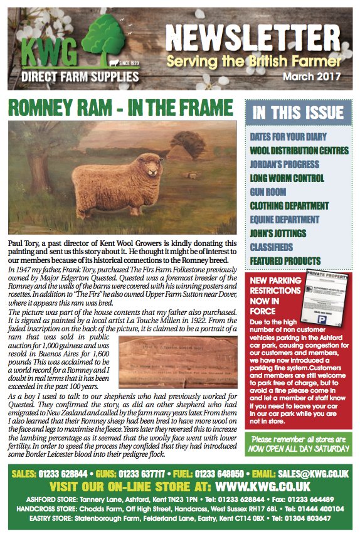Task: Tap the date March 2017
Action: [x=312, y=77]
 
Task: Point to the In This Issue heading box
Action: [x=298, y=114]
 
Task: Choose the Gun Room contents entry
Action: [x=268, y=192]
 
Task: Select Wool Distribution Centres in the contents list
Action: [x=299, y=151]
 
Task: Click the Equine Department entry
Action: [x=289, y=220]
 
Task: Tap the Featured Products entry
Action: [x=285, y=261]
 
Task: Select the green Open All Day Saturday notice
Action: [x=298, y=444]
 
